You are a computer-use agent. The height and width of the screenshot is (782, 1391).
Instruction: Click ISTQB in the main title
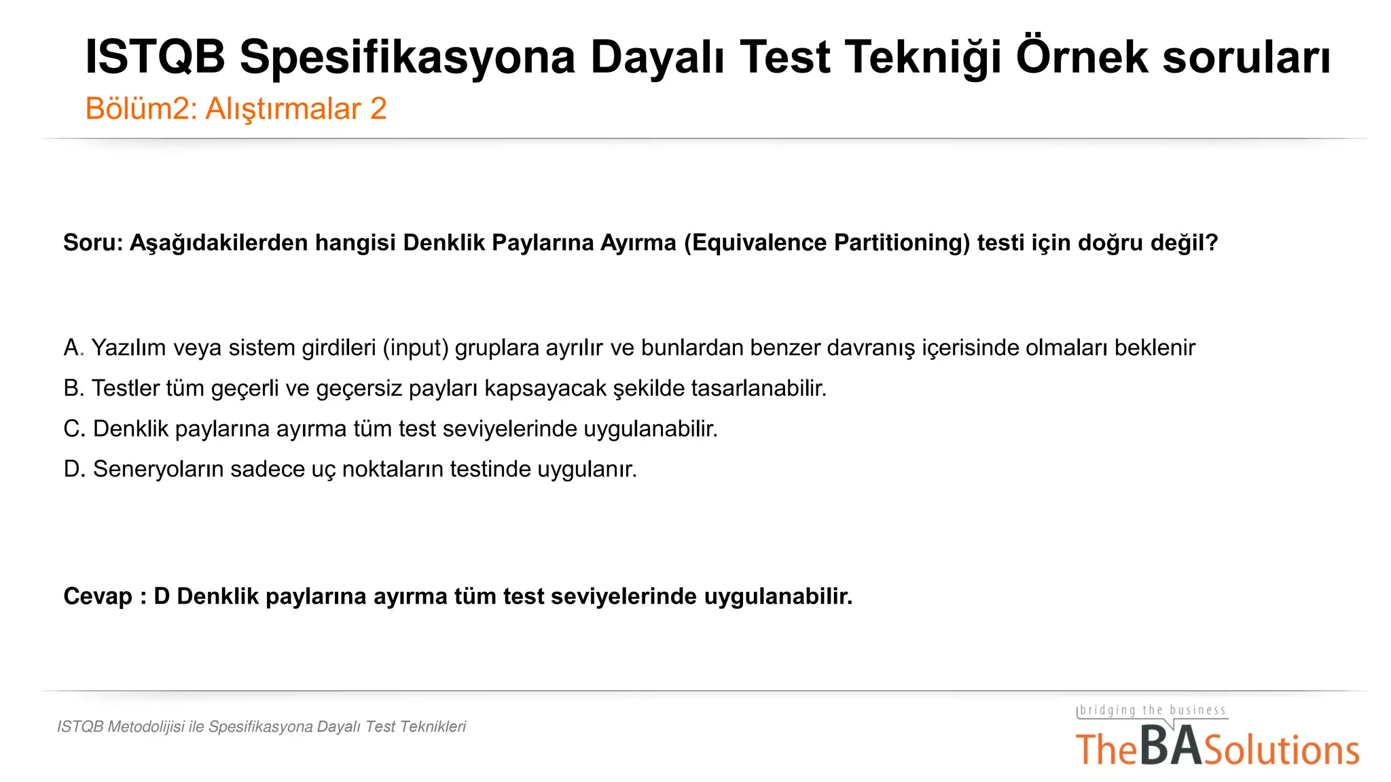(155, 57)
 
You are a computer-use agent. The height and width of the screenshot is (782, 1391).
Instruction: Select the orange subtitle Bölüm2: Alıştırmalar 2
(236, 109)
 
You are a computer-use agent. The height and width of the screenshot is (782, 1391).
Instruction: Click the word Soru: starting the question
(93, 242)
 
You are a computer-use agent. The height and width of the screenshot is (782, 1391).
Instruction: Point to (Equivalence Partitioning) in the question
(827, 242)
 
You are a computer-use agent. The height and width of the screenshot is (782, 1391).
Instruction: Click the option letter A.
(71, 348)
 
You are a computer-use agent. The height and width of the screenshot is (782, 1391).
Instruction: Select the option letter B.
(71, 388)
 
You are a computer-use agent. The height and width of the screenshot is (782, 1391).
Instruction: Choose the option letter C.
(72, 429)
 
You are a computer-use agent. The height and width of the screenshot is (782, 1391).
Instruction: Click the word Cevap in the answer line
(98, 597)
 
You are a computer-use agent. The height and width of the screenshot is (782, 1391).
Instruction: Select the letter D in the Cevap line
(161, 597)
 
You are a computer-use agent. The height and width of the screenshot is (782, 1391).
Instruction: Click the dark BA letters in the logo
(1170, 747)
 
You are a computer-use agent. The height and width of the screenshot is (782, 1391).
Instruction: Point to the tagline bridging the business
(1153, 710)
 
